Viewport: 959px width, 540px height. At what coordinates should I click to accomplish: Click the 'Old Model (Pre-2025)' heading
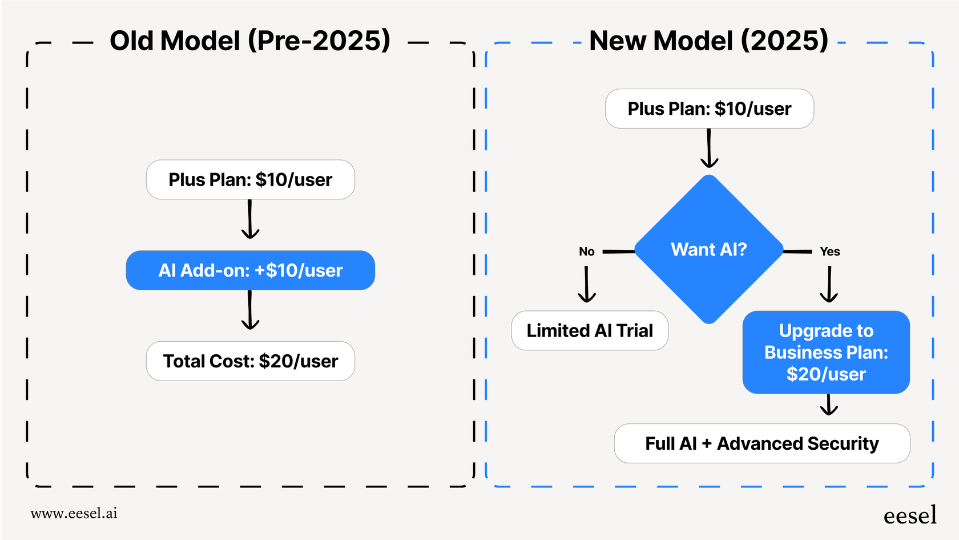click(x=250, y=41)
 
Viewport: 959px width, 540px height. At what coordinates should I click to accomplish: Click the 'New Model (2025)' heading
click(x=708, y=41)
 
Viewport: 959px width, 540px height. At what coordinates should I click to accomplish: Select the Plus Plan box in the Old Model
click(x=250, y=179)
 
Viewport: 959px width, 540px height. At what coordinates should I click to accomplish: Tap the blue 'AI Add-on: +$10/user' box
click(x=250, y=270)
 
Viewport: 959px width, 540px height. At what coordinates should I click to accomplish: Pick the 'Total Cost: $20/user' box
click(x=250, y=361)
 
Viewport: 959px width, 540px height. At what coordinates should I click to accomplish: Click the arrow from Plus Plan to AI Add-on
click(x=250, y=220)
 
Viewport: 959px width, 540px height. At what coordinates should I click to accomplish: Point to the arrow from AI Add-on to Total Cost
click(x=250, y=311)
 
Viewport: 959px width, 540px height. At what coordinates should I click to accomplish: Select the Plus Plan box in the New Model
click(x=709, y=109)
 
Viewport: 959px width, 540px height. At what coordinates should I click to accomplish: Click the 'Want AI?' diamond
click(x=708, y=250)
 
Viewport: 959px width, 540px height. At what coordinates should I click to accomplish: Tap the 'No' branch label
click(x=586, y=251)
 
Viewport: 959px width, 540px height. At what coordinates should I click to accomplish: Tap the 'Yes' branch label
click(x=829, y=251)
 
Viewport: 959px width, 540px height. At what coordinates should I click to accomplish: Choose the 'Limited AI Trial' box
click(x=590, y=331)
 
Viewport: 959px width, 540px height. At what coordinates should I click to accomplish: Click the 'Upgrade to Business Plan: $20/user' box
click(x=826, y=352)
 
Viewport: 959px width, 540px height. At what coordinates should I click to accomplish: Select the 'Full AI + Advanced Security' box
click(x=761, y=443)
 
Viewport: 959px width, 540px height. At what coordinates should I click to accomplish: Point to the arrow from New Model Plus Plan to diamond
click(x=709, y=149)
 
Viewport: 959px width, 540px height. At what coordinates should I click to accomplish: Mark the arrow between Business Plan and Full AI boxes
click(x=829, y=405)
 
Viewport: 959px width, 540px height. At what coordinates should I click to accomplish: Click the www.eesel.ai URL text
click(x=74, y=513)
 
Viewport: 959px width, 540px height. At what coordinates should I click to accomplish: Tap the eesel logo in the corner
click(x=910, y=515)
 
